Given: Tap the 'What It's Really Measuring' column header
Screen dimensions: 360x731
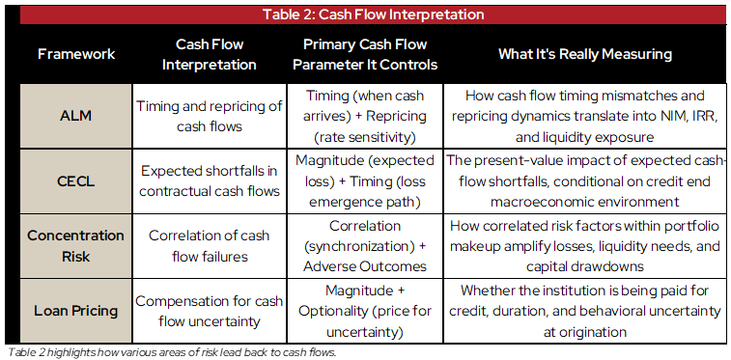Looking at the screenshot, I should pos(585,54).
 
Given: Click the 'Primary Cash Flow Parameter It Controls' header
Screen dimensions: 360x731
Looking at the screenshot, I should pos(365,54).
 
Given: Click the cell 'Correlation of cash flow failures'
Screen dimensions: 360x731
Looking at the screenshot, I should pos(210,245).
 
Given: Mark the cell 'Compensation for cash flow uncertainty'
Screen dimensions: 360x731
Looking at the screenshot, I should pos(210,311).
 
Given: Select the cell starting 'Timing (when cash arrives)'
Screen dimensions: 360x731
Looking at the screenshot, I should pos(365,115).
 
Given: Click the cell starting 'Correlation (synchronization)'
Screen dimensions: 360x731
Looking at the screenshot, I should pos(365,245).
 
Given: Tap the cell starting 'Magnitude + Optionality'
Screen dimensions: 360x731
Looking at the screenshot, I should pos(365,311).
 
